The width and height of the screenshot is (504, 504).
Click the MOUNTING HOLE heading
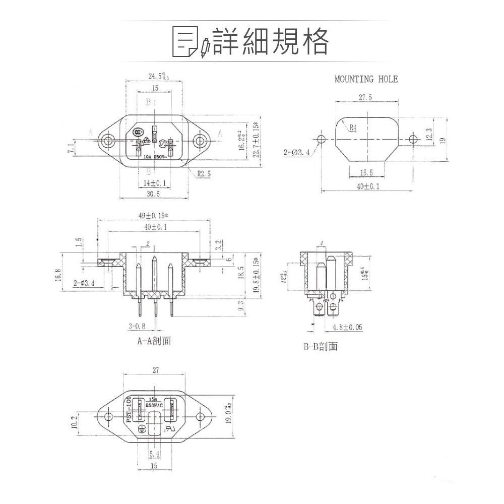pos(366,79)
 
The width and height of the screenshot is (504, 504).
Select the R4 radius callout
pos(353,128)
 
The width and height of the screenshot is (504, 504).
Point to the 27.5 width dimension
pos(366,98)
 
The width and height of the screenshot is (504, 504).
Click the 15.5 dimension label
pos(366,173)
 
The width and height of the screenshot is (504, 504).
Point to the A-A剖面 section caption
pos(154,341)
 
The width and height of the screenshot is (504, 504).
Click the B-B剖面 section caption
pos(321,347)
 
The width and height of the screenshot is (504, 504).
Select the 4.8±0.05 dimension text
pos(347,327)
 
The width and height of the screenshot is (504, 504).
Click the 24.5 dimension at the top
pos(158,76)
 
